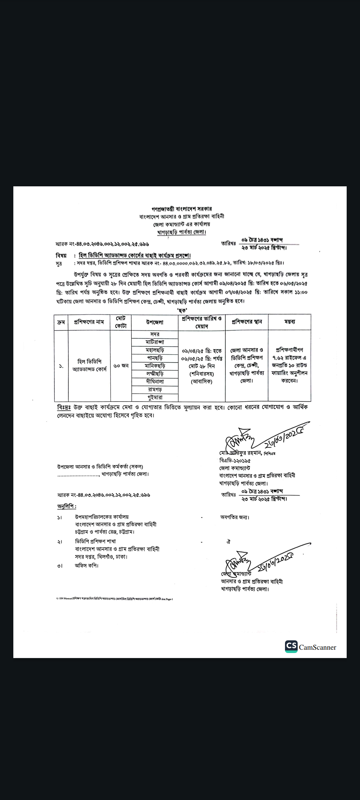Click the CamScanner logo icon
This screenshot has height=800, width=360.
tap(291, 646)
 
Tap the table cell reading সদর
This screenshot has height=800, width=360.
tap(155, 334)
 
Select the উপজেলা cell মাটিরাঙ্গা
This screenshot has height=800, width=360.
tap(155, 342)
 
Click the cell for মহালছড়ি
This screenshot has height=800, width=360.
tap(155, 350)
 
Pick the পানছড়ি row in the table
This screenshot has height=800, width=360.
tap(155, 358)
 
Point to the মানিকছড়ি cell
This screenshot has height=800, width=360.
tap(155, 366)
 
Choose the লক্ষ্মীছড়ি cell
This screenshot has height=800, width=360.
tap(155, 374)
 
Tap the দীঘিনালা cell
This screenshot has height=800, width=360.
tap(155, 382)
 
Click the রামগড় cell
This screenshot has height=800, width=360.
tap(155, 390)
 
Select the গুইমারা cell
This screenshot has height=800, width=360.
tap(155, 397)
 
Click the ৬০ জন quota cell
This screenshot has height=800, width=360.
tap(121, 366)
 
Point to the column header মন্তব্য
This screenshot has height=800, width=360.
tap(289, 322)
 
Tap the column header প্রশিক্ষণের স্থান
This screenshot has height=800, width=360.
tap(247, 322)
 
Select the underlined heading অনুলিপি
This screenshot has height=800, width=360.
tap(67, 506)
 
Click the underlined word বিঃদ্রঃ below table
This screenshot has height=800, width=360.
tap(64, 407)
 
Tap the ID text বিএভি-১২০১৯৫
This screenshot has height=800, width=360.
tap(235, 461)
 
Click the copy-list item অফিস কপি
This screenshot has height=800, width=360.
tap(87, 566)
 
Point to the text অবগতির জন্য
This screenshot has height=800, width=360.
tap(235, 517)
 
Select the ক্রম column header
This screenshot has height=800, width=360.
tap(61, 322)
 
